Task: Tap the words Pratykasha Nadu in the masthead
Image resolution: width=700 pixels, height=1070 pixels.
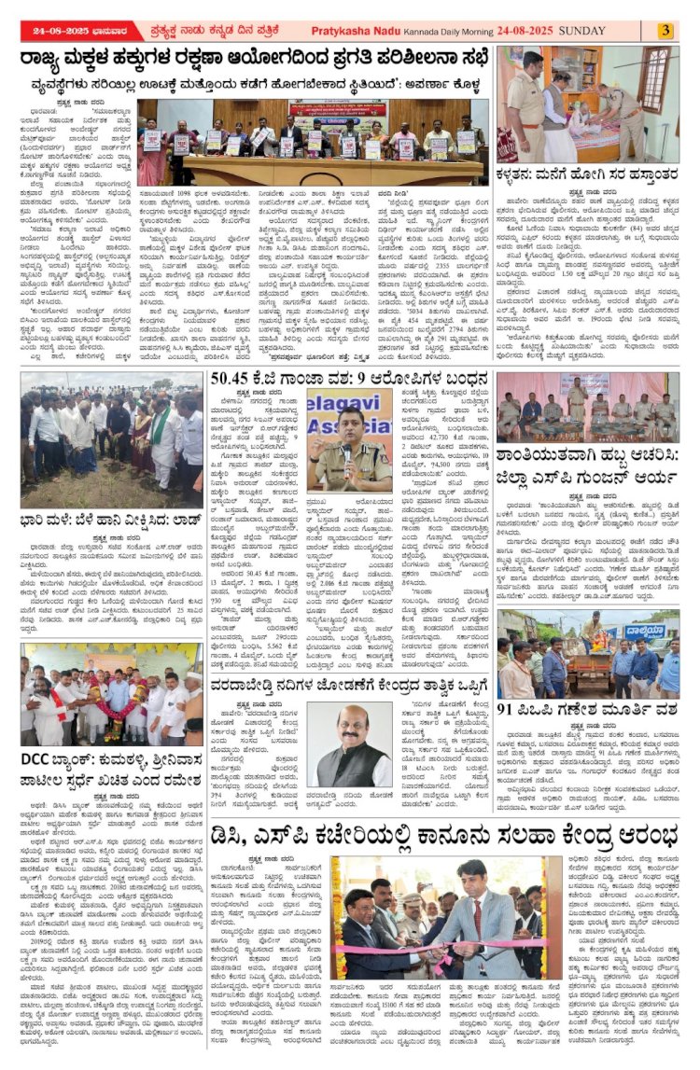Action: [x=400, y=30]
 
